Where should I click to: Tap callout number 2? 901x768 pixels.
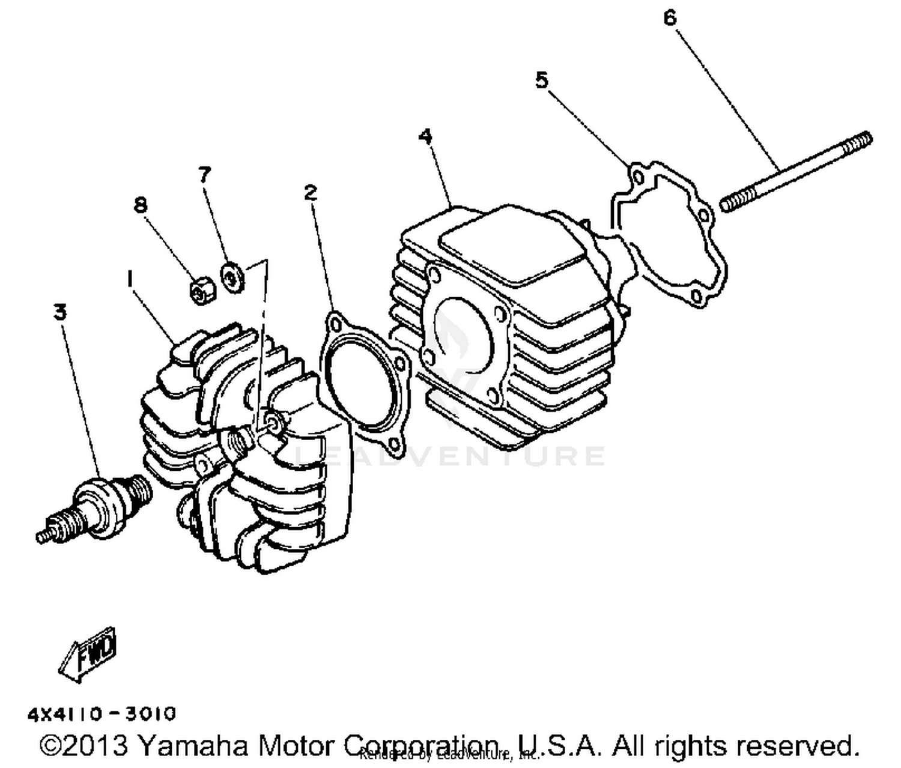click(310, 193)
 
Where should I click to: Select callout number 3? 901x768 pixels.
click(60, 312)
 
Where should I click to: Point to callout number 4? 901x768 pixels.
click(425, 136)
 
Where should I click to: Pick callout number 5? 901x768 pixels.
click(542, 80)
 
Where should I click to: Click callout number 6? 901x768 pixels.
click(670, 18)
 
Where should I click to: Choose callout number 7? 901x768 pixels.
click(205, 175)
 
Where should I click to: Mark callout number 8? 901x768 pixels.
click(140, 205)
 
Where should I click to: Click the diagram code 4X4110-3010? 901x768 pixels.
click(102, 714)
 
